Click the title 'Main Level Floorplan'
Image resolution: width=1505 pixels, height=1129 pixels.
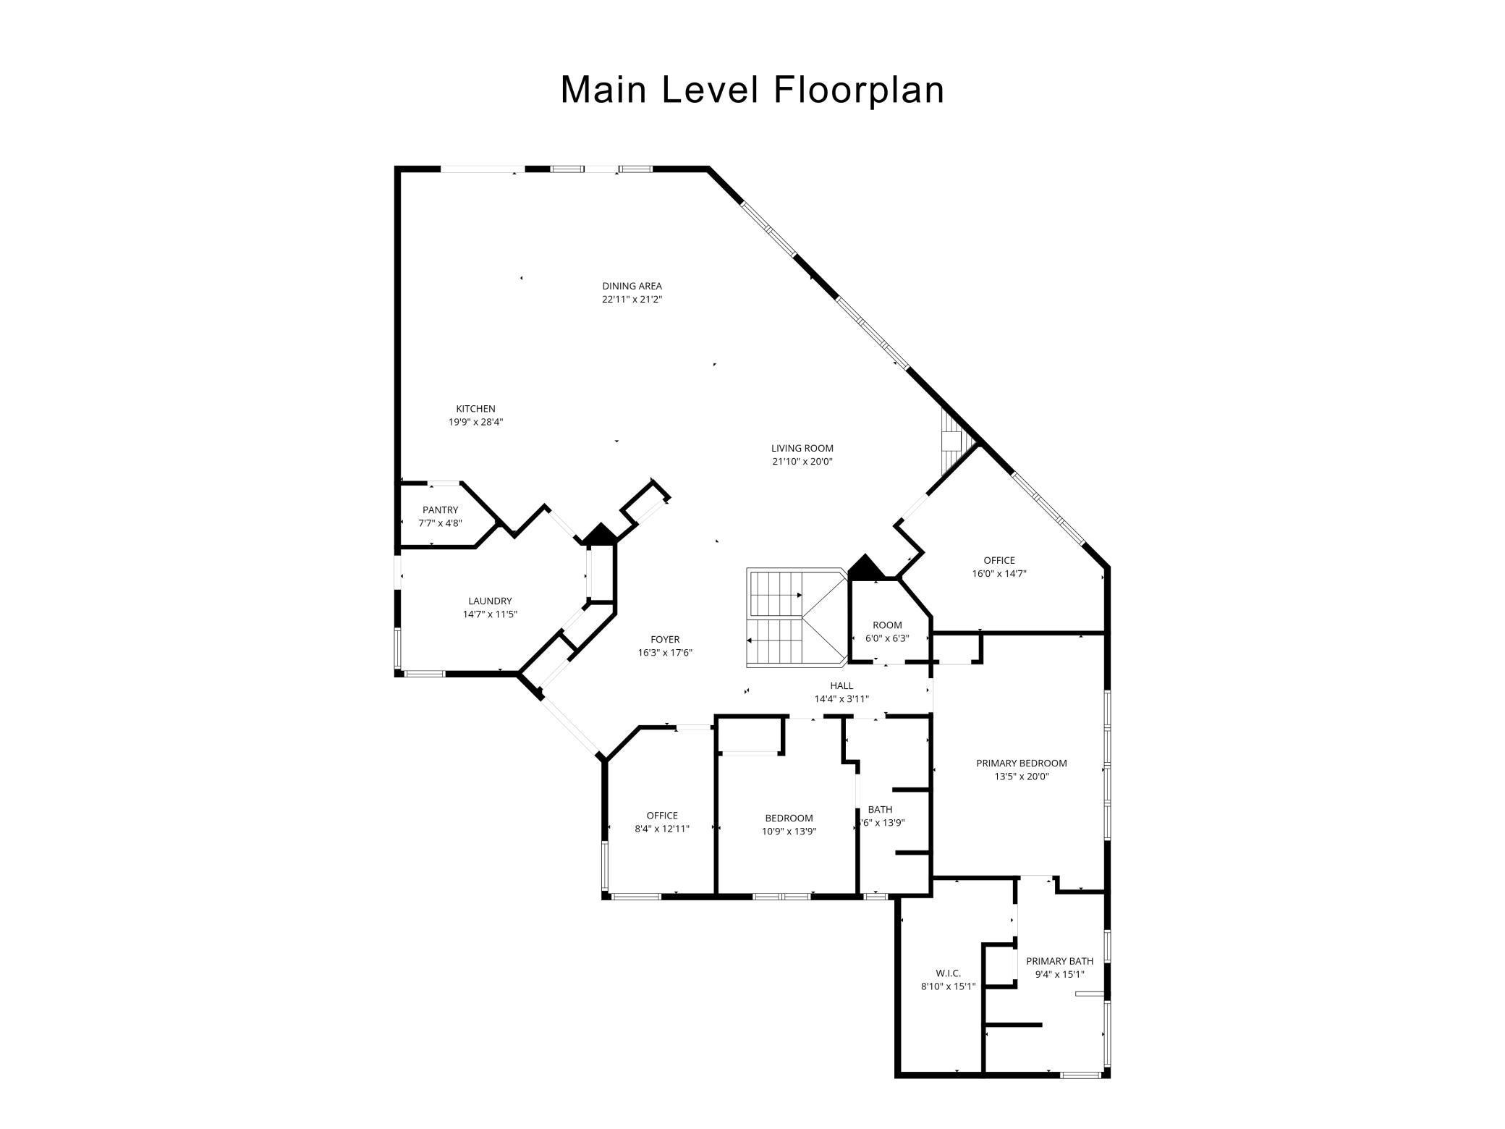click(752, 90)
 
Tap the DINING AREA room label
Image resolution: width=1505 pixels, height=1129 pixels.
click(632, 286)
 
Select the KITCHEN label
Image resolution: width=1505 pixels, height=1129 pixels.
click(475, 409)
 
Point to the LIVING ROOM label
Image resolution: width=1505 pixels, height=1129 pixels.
click(802, 448)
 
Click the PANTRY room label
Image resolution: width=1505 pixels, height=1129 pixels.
click(440, 510)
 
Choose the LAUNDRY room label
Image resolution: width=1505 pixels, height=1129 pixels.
click(490, 601)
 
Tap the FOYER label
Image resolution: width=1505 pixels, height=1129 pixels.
click(665, 639)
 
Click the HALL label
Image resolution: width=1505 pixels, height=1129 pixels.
click(841, 685)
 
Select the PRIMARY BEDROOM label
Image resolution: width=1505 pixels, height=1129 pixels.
click(1022, 763)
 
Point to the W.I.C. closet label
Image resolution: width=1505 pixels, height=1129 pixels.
click(948, 973)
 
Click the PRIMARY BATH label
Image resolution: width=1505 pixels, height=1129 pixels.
click(1060, 961)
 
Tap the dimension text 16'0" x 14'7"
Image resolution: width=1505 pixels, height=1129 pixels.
click(999, 573)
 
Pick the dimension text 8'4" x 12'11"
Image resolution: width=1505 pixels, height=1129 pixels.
click(662, 829)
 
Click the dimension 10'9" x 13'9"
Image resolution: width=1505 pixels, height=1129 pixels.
click(789, 832)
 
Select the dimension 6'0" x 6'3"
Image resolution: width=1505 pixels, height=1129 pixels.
click(887, 638)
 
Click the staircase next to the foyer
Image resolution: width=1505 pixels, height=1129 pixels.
click(797, 616)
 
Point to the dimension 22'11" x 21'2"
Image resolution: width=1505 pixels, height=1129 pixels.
click(632, 299)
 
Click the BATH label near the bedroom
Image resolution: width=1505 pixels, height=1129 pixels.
click(881, 809)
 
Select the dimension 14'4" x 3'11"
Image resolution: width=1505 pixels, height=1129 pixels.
click(841, 698)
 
